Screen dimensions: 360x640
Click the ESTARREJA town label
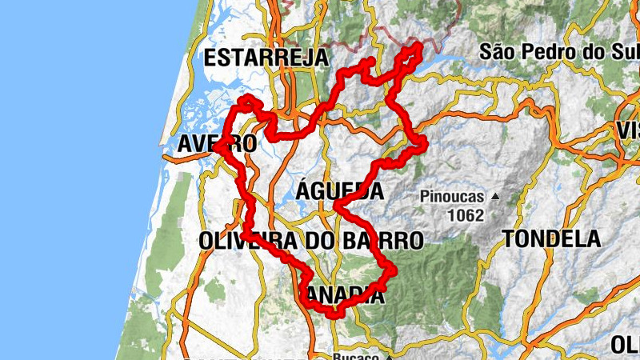click(266, 58)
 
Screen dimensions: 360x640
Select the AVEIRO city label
click(217, 144)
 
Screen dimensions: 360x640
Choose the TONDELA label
click(552, 238)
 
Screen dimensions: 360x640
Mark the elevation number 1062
click(466, 214)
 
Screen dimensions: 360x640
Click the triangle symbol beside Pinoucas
click(494, 195)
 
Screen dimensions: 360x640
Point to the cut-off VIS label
click(627, 130)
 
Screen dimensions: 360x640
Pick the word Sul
click(622, 52)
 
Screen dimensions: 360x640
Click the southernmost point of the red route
click(334, 315)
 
